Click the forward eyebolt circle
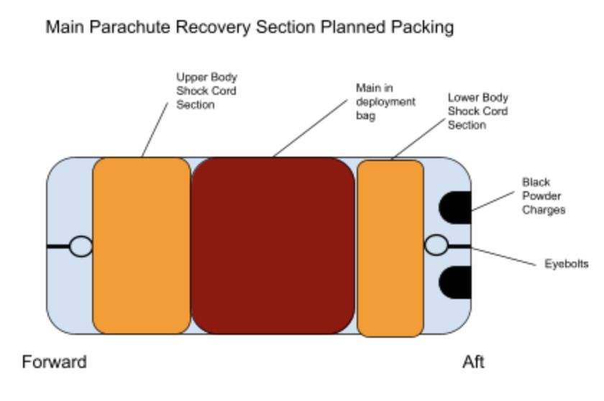[x=81, y=246]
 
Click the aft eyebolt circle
[x=436, y=245]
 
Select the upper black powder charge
[x=455, y=208]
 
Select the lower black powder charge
[x=455, y=282]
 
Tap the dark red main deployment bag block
[x=273, y=246]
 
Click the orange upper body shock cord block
[x=142, y=246]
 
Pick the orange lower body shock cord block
[x=390, y=249]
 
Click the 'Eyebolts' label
[x=567, y=264]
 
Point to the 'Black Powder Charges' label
[x=544, y=196]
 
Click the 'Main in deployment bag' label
[x=385, y=101]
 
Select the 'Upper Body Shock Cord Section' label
[x=206, y=91]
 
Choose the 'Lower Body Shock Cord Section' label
[x=477, y=111]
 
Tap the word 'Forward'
[x=55, y=362]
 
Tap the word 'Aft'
[x=473, y=362]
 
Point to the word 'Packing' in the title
[x=422, y=28]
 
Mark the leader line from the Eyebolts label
[x=503, y=257]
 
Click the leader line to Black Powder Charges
[x=493, y=201]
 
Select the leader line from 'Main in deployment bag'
[x=311, y=129]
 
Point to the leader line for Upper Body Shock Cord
[x=155, y=129]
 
